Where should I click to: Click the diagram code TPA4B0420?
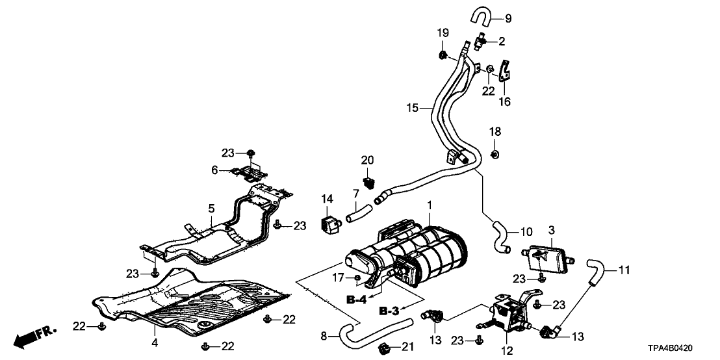(683, 348)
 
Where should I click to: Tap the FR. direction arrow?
(36, 335)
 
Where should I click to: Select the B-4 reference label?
(357, 301)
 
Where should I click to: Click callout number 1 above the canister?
(429, 206)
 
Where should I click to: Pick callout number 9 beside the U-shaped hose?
(508, 18)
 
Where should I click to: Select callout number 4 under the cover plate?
(154, 342)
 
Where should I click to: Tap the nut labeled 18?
(494, 153)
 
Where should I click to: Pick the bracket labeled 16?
(507, 75)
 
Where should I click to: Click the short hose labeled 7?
(358, 212)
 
